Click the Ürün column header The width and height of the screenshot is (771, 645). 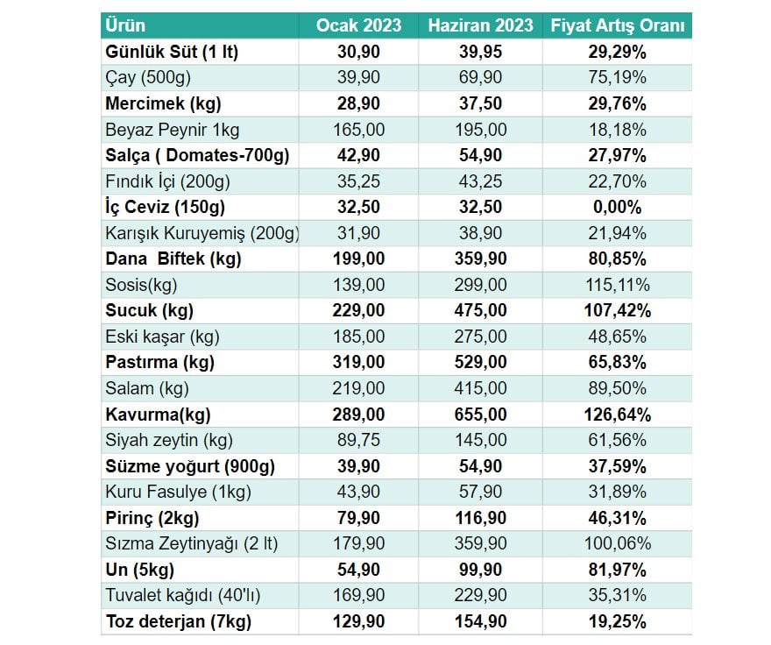tap(125, 25)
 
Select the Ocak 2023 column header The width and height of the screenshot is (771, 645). tap(359, 25)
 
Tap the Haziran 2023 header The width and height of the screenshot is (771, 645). tap(480, 25)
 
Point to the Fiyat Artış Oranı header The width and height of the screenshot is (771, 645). tap(617, 25)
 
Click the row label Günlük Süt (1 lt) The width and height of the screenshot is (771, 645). tap(172, 52)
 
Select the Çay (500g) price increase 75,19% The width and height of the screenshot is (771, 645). tap(617, 77)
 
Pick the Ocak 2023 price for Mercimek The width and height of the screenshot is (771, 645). tap(359, 103)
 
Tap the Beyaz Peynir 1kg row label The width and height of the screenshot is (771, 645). tap(172, 130)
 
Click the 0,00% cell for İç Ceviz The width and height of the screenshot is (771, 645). tap(617, 208)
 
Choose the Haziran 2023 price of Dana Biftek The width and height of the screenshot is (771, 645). tap(480, 259)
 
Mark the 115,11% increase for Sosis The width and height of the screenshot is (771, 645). tap(617, 285)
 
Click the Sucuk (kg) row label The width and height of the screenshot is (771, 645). tap(149, 311)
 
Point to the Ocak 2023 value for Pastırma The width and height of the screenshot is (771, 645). tap(359, 363)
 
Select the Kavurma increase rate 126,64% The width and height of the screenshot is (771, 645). tap(617, 415)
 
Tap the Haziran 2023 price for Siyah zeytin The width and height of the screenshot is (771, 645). tap(480, 441)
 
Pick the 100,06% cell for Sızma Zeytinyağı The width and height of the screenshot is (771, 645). tap(617, 544)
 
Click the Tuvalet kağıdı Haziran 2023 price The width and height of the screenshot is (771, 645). tap(480, 596)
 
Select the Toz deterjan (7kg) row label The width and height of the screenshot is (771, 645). tap(178, 622)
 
